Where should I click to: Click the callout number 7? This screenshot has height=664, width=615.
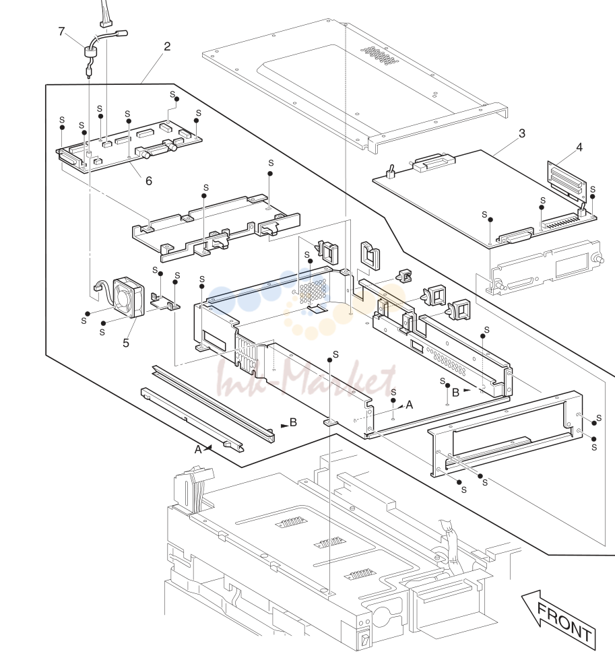[x=61, y=32]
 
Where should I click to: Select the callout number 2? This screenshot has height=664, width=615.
[x=167, y=46]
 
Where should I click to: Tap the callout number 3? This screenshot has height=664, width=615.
[x=522, y=133]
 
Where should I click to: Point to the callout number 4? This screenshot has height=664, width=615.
[x=579, y=147]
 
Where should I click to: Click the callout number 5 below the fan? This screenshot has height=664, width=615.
[x=126, y=343]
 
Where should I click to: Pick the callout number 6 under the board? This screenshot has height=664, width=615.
[x=149, y=181]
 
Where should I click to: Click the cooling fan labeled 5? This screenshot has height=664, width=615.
[x=129, y=296]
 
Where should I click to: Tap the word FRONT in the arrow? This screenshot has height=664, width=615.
[x=564, y=622]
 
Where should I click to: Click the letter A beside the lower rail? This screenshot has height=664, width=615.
[x=198, y=450]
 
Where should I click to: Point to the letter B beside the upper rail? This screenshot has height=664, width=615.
[x=293, y=422]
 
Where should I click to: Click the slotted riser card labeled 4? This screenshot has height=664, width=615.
[x=567, y=182]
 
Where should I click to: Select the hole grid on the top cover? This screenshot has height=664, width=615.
[x=379, y=55]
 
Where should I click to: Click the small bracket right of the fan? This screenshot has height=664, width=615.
[x=166, y=302]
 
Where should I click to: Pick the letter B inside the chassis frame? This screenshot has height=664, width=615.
[x=455, y=393]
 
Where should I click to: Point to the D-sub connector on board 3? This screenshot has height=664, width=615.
[x=516, y=236]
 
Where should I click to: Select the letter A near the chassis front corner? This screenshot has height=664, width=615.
[x=409, y=405]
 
